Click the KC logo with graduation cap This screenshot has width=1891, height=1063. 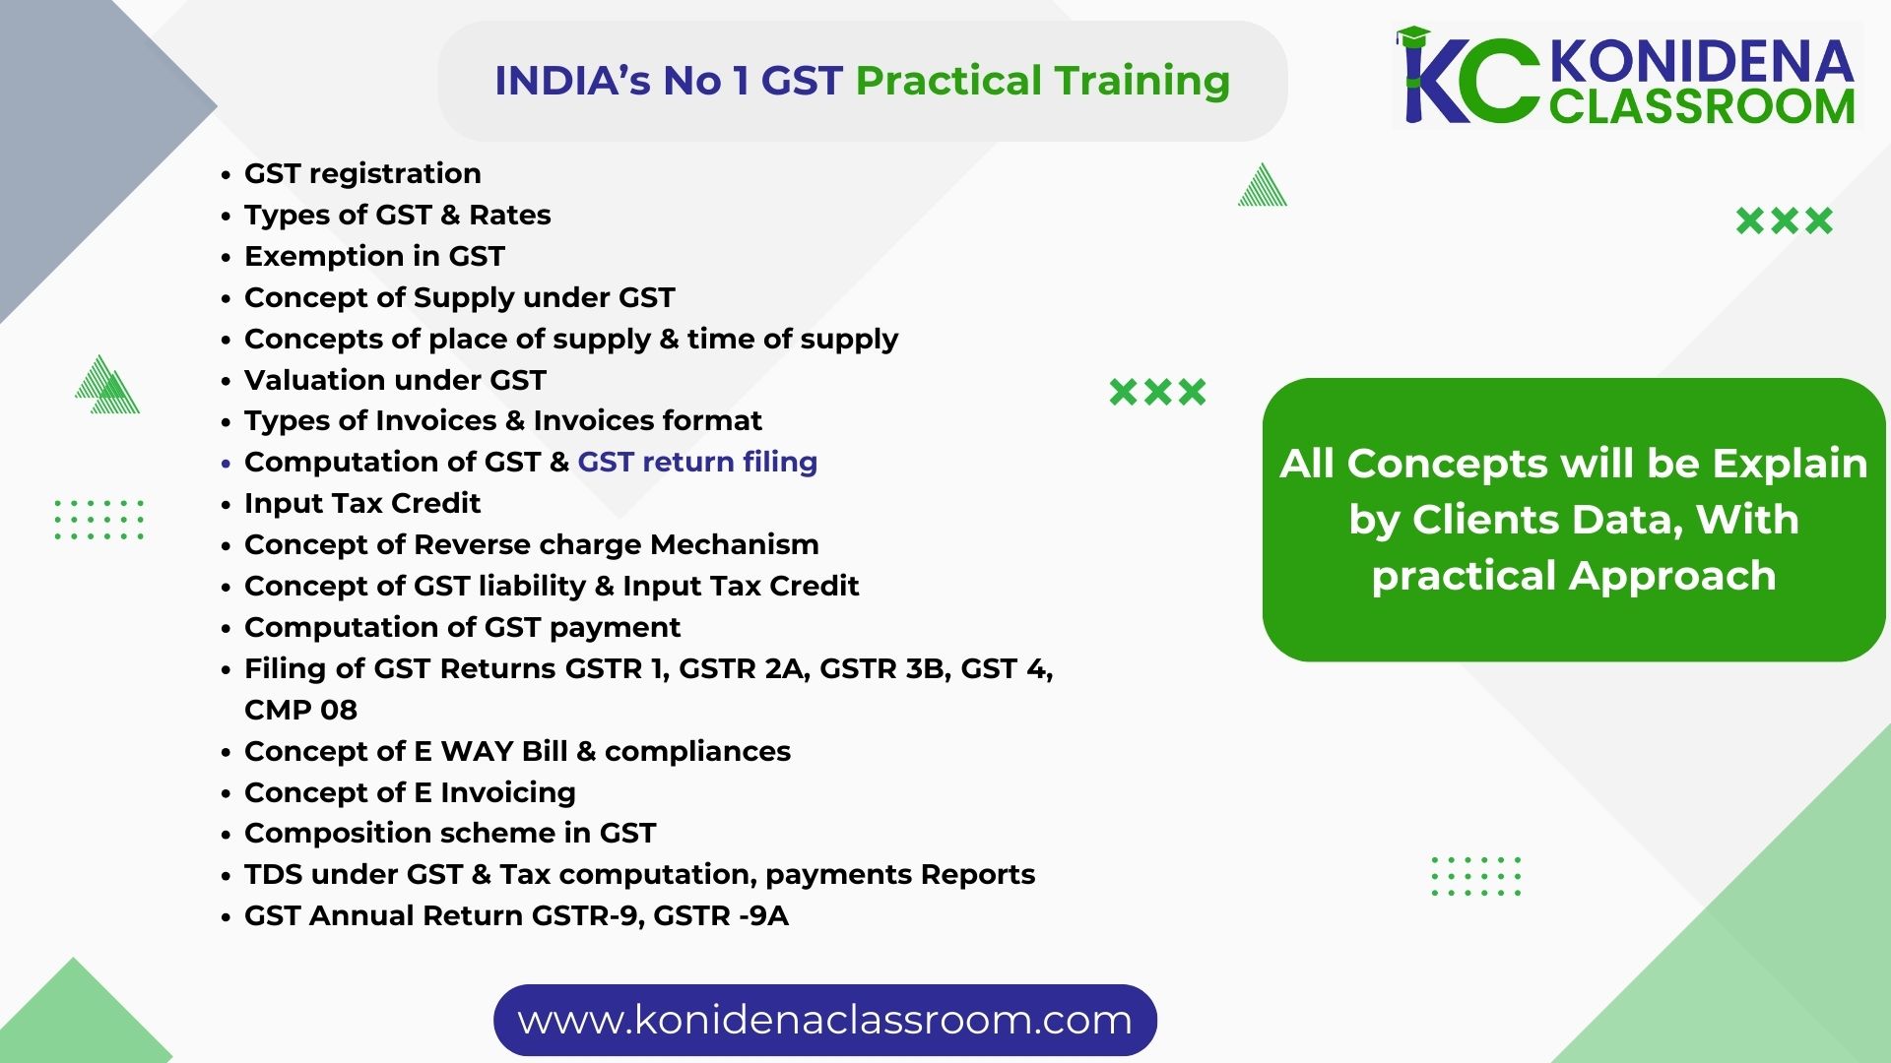[x=1467, y=76]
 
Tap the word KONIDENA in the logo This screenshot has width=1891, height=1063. [x=1702, y=62]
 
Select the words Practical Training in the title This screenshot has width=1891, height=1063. [x=1043, y=81]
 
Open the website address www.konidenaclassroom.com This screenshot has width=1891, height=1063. [x=824, y=1020]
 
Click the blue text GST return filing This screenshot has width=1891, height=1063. [x=697, y=462]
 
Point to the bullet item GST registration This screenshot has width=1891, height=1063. [x=362, y=173]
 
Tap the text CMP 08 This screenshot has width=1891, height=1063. [x=300, y=710]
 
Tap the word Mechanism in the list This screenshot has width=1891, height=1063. [x=735, y=544]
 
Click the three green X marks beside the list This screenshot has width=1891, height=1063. [x=1157, y=392]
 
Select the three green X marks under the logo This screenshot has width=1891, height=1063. [x=1785, y=220]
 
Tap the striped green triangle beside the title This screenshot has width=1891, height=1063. [x=1263, y=185]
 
